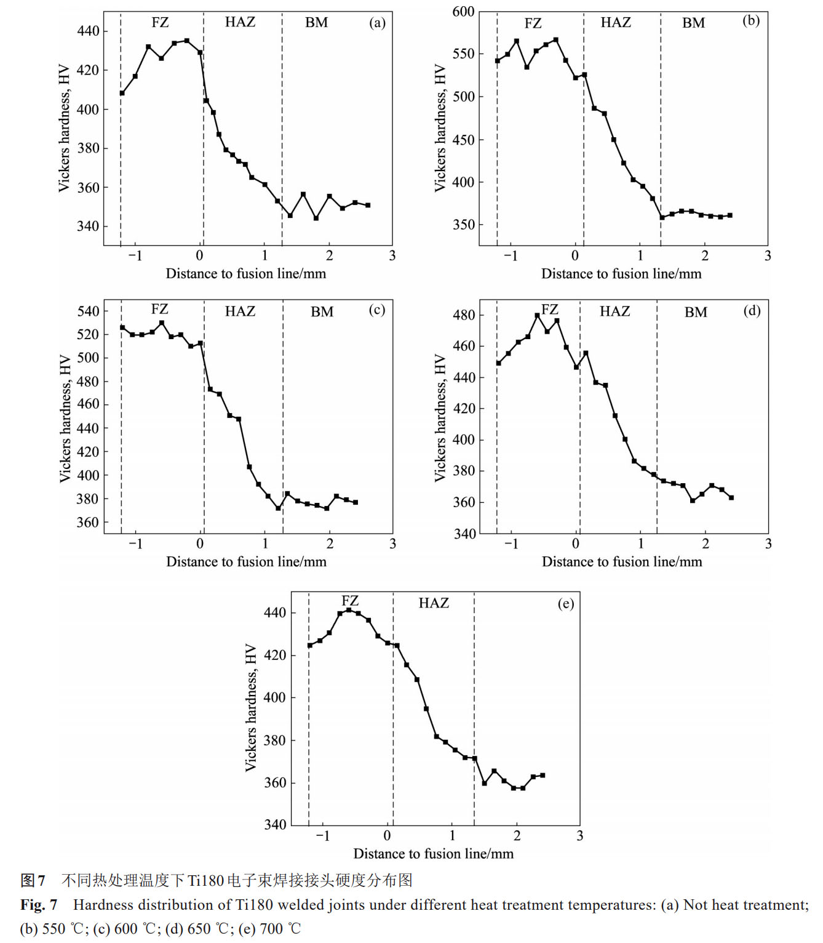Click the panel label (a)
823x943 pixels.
(x=377, y=23)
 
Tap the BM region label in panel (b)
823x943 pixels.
(x=693, y=23)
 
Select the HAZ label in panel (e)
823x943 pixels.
(x=434, y=603)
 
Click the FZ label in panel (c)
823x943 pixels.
(x=160, y=309)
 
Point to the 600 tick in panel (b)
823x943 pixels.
(x=463, y=12)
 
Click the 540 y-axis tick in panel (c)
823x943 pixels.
(x=88, y=311)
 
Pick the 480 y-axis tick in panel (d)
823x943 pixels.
(x=464, y=315)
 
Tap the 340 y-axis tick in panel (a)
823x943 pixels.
(x=87, y=227)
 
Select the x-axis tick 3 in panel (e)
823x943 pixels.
(x=579, y=836)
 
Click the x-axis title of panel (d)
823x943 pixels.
(x=621, y=561)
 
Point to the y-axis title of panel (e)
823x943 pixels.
(x=250, y=707)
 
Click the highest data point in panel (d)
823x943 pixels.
(x=537, y=315)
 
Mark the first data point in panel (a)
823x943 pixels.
(x=122, y=93)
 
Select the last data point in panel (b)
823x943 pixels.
(x=730, y=215)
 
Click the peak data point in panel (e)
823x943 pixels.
(x=349, y=610)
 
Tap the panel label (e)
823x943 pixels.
(x=566, y=604)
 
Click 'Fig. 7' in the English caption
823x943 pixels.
(x=39, y=905)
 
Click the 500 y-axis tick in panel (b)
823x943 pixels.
(x=463, y=97)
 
